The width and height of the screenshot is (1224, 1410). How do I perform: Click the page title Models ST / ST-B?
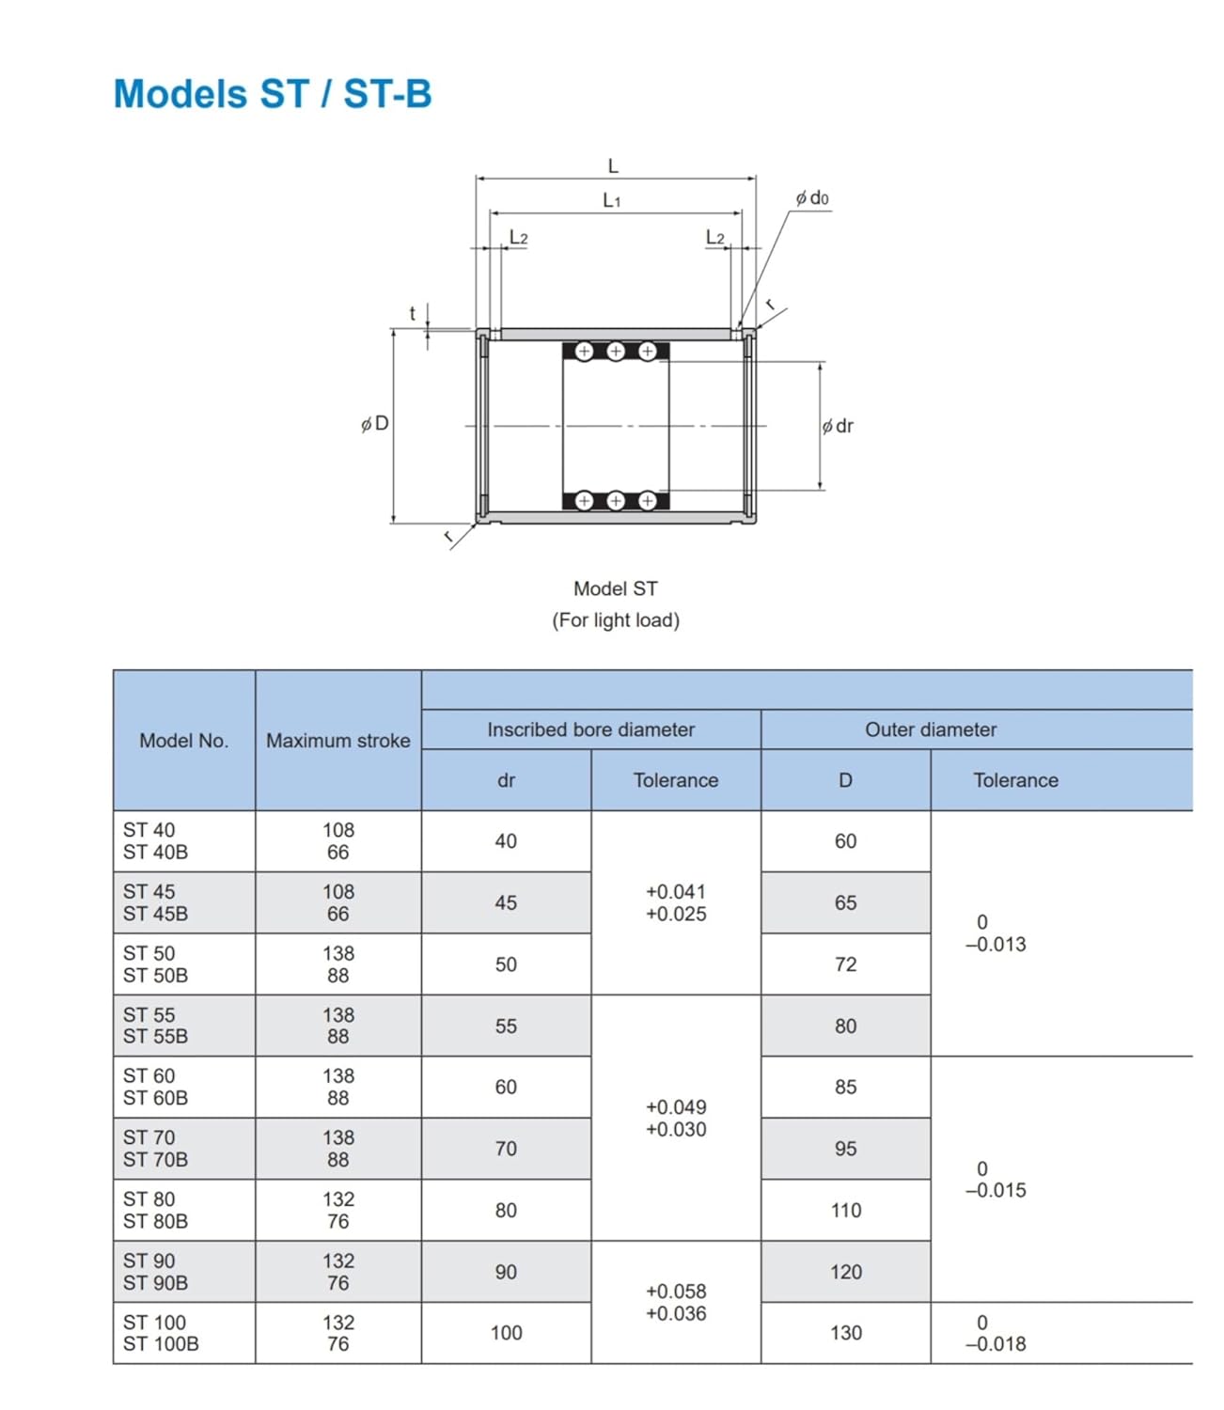[273, 94]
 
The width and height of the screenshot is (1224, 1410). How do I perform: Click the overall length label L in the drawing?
[613, 166]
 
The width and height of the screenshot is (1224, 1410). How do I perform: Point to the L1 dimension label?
[612, 200]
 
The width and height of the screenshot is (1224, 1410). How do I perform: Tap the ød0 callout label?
[812, 197]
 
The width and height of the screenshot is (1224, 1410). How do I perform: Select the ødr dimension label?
[838, 426]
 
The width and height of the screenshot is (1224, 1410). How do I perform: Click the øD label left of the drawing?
[375, 424]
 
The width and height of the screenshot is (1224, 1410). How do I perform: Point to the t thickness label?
[413, 314]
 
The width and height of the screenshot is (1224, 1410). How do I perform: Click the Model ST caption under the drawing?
[615, 588]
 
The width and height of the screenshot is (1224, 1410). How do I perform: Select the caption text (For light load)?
[615, 620]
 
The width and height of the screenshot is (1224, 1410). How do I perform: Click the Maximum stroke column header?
[337, 741]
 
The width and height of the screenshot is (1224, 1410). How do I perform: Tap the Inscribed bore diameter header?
[590, 729]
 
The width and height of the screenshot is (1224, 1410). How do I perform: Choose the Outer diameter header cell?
[931, 729]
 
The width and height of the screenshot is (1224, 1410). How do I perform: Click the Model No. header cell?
[183, 741]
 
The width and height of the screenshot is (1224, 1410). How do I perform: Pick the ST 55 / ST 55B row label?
[155, 1026]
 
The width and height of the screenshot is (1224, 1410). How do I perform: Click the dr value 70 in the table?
[506, 1149]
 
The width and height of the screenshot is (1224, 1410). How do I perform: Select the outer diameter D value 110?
[845, 1211]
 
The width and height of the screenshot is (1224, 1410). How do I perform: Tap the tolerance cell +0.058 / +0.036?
[675, 1303]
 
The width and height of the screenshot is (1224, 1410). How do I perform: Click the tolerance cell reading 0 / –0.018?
[995, 1333]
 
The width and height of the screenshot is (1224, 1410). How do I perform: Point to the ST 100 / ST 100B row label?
[161, 1333]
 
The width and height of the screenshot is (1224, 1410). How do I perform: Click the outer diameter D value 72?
[845, 964]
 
